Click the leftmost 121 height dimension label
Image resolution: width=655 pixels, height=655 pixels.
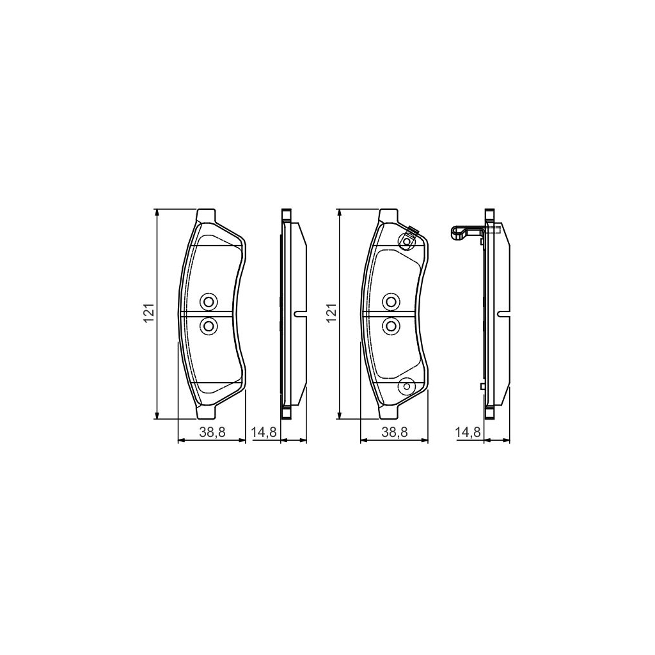[148, 313]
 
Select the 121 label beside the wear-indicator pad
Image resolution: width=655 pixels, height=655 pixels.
[332, 313]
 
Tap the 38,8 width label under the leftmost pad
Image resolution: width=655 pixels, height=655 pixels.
[211, 432]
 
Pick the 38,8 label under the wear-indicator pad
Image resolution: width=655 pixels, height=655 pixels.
[395, 432]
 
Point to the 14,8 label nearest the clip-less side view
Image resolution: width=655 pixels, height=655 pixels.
[264, 432]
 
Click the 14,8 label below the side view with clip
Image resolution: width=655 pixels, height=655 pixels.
[467, 432]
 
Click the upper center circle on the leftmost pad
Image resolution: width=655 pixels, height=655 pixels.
[208, 301]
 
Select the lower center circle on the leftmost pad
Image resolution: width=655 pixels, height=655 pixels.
[208, 326]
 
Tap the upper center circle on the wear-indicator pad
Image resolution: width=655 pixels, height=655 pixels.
[391, 301]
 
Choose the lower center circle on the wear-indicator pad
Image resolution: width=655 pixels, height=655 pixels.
[391, 326]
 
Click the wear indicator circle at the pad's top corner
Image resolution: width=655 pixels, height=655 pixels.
[406, 241]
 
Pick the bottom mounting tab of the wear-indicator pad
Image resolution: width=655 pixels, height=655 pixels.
[390, 413]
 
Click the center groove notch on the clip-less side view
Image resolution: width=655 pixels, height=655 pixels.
[299, 313]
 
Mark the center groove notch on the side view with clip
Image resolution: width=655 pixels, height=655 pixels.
[502, 313]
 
